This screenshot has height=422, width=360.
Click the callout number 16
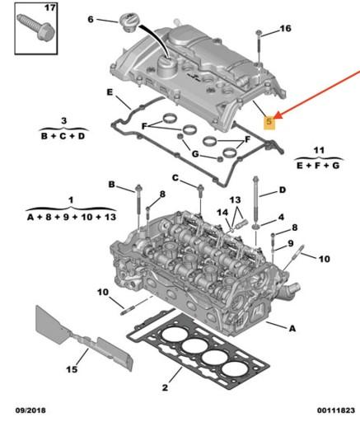285,29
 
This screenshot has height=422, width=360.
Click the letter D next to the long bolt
283,190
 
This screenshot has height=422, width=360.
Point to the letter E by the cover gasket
109,91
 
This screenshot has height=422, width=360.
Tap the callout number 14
221,213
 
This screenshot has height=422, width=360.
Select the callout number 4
281,217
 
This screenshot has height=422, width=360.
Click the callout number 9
290,241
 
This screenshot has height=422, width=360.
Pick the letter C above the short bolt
175,178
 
